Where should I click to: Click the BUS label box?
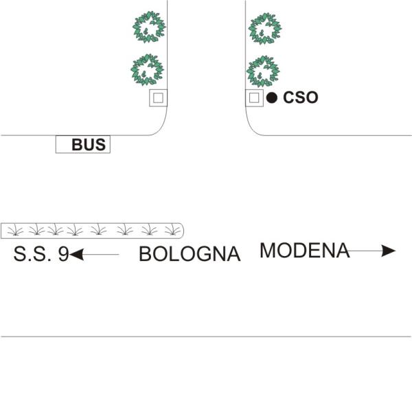point(83,144)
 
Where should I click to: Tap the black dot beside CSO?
point(272,98)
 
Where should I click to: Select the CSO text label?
point(301,98)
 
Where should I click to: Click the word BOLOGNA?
point(190,254)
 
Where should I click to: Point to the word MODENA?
point(304,250)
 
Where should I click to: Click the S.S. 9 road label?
point(41,254)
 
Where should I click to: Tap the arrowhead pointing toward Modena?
point(389,251)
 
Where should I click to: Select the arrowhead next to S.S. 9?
point(76,254)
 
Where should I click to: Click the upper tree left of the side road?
point(149,27)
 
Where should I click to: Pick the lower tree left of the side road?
point(147,69)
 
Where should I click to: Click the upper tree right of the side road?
point(265,28)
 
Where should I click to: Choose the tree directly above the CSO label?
point(263,71)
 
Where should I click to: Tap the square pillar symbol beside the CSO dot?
point(254,98)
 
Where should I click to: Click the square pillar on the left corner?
point(158,98)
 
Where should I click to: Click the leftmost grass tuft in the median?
point(15,229)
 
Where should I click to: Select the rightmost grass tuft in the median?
point(172,229)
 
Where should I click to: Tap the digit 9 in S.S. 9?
point(64,254)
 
